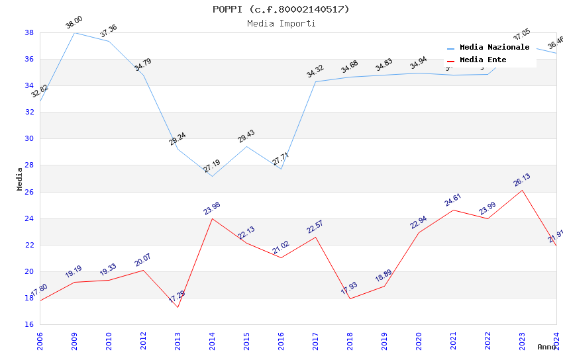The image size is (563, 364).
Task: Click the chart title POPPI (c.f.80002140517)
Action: click(281, 9)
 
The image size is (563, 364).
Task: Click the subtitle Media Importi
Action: click(281, 23)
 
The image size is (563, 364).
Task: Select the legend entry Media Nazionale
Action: click(494, 48)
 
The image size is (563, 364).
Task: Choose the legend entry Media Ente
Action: click(483, 60)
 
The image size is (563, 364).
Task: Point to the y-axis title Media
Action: click(20, 179)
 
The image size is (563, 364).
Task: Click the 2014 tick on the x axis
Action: click(212, 338)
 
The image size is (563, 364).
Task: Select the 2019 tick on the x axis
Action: click(384, 338)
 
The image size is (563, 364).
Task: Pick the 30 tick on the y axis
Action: click(29, 139)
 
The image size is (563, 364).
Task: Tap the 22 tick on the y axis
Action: click(29, 245)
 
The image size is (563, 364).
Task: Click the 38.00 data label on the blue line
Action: click(74, 24)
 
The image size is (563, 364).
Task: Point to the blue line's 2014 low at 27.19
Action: click(212, 176)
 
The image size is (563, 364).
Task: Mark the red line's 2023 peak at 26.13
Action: click(522, 190)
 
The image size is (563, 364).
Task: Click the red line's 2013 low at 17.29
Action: click(178, 307)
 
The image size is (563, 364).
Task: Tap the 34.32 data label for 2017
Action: click(315, 71)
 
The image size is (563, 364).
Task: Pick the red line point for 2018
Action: click(350, 298)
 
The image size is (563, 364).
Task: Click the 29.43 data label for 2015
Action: click(246, 136)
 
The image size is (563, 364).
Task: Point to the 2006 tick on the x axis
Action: click(40, 338)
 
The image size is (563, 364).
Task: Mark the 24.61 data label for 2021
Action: click(453, 199)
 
